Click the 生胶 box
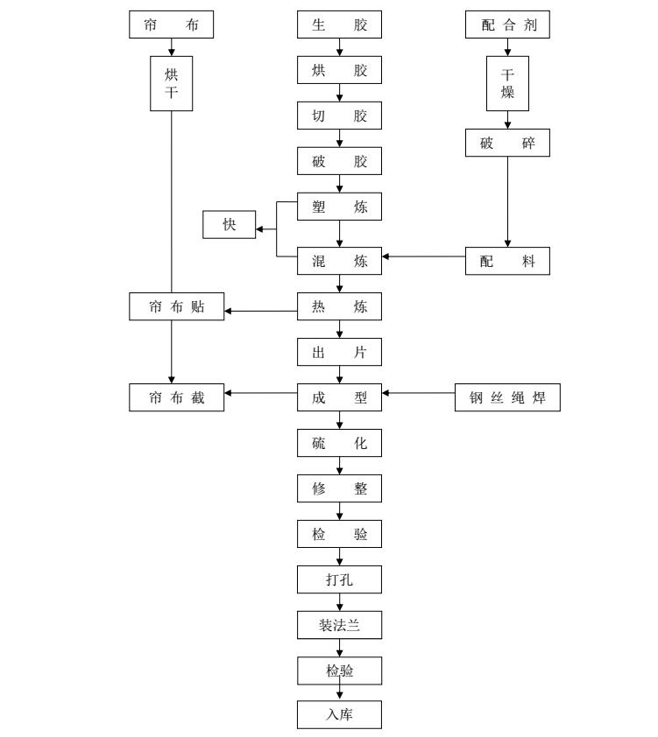point(339,25)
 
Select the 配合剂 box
point(507,25)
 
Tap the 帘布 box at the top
point(171,25)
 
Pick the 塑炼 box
point(339,207)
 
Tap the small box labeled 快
point(230,225)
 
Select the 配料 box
point(507,261)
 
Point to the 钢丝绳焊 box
point(507,397)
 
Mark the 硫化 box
point(339,443)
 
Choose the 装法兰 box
point(339,626)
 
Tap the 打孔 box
point(339,579)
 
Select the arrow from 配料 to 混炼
point(423,257)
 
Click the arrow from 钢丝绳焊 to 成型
point(419,394)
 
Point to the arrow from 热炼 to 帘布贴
point(260,310)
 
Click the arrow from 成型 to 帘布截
point(260,394)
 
